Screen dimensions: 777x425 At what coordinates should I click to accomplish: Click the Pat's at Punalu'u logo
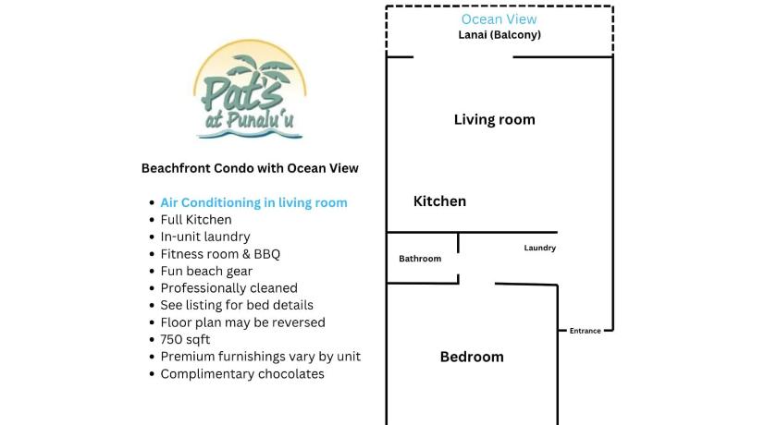point(250,90)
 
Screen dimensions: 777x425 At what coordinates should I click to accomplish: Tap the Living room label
point(495,120)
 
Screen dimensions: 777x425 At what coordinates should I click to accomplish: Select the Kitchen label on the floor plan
point(439,201)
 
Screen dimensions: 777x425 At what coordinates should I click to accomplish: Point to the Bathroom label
point(420,259)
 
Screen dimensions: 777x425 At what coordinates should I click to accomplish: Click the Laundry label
point(539,248)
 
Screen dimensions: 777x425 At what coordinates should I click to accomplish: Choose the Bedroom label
point(472,357)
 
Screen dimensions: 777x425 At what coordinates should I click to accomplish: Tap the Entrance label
point(586,331)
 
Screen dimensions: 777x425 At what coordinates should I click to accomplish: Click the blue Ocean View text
point(499,19)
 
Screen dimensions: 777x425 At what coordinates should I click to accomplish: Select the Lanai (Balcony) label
point(499,34)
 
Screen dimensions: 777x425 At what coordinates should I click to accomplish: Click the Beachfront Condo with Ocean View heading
point(250,168)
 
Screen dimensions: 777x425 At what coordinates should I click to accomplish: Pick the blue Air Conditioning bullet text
point(253,203)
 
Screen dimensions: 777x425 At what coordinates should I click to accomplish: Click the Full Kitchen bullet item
point(196,220)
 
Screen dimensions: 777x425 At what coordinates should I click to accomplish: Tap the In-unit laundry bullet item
point(205,237)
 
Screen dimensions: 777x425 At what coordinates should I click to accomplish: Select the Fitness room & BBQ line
point(220,254)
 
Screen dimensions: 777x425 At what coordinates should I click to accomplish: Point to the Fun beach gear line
point(206,271)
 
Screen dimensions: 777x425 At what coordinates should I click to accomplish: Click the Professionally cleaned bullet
point(229,288)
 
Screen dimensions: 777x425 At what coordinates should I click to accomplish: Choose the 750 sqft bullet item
point(185,340)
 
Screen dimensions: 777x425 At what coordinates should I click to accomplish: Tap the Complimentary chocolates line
point(242,374)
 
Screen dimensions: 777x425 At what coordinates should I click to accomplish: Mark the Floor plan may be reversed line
point(242,322)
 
